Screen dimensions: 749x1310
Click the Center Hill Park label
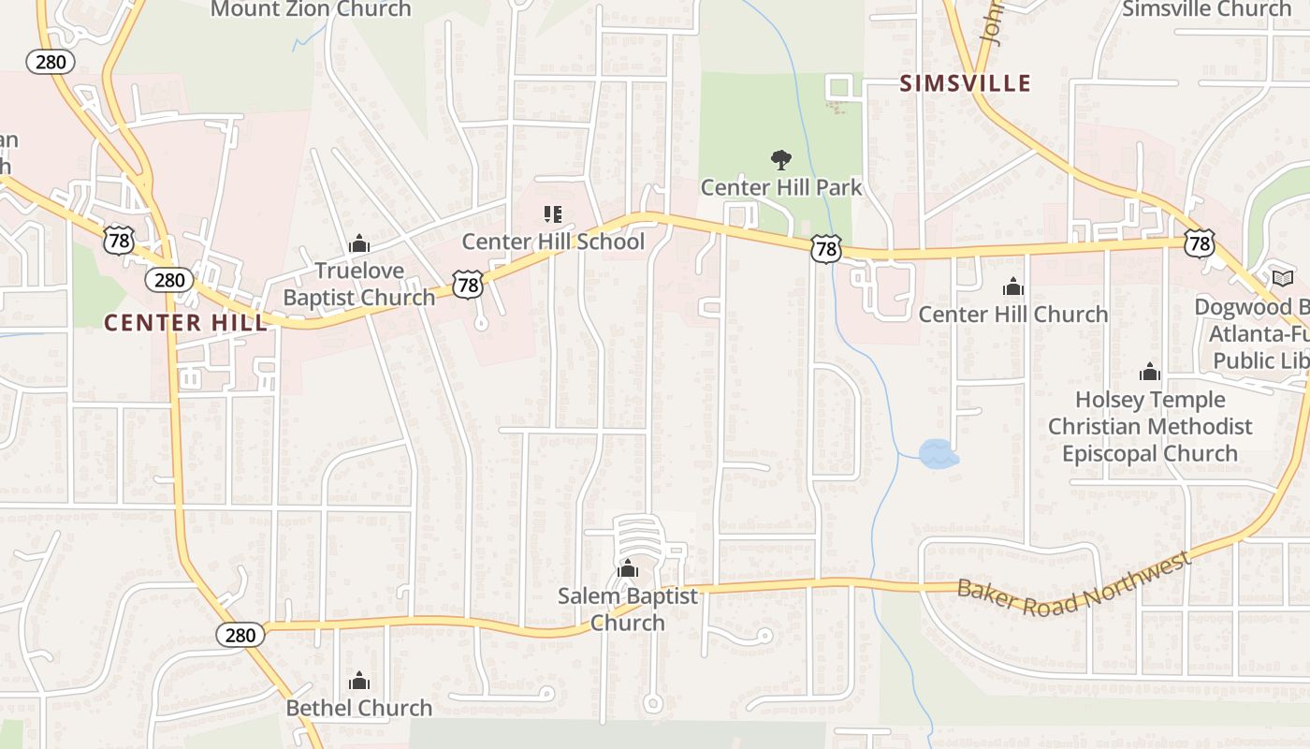(781, 187)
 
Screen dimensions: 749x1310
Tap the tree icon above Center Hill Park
(780, 160)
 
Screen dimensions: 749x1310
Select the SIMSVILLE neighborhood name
(965, 83)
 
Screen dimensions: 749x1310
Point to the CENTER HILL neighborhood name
(179, 323)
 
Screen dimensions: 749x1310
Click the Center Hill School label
(553, 242)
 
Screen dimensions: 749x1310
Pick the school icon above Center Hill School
(552, 214)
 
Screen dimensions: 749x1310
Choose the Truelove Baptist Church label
(359, 284)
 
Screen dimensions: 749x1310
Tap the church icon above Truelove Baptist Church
(358, 244)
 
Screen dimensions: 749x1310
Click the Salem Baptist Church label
(628, 609)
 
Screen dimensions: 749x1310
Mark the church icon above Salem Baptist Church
(628, 568)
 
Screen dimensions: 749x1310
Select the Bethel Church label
(359, 708)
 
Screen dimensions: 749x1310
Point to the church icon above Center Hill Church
(1012, 286)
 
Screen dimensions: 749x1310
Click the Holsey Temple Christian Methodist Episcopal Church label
(1150, 427)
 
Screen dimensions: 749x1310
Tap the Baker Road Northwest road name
(1072, 584)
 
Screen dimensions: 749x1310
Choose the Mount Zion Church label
(311, 9)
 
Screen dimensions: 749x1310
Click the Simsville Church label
(1206, 9)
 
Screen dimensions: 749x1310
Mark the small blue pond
(939, 454)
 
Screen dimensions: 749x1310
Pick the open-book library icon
(1282, 278)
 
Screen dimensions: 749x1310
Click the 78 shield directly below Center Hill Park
(826, 249)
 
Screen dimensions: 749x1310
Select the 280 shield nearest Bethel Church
(240, 635)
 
